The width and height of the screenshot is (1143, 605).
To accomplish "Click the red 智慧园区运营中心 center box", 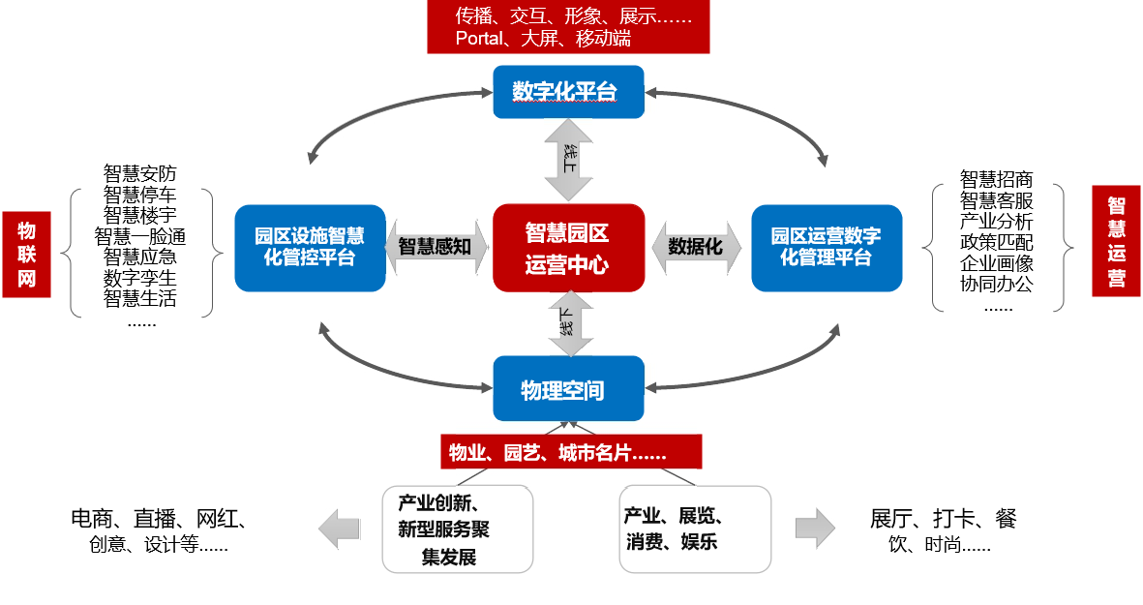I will click(568, 248).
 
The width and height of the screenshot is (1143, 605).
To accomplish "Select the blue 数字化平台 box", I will click(568, 92).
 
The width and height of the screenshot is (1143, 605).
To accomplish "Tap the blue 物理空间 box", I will click(568, 389).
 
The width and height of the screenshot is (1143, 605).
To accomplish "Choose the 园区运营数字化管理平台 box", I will click(827, 248).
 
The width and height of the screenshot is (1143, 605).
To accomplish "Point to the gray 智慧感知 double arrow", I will click(435, 246).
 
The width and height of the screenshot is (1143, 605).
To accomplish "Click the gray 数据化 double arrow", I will click(696, 246).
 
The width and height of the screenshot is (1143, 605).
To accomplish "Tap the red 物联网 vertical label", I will click(26, 255).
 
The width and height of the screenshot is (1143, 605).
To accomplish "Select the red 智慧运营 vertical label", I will click(1116, 241).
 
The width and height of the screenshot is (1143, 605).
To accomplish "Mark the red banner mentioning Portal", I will click(568, 28).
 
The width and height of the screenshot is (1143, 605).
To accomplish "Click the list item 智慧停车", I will click(140, 195).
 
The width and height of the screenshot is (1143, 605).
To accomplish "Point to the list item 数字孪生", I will click(140, 278).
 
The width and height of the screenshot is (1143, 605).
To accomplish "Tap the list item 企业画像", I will click(996, 263).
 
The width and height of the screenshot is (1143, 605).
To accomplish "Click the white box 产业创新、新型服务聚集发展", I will click(458, 529).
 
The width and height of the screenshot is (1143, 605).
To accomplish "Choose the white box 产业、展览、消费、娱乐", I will click(694, 529).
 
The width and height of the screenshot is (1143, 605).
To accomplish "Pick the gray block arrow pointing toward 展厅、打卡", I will click(815, 528).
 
